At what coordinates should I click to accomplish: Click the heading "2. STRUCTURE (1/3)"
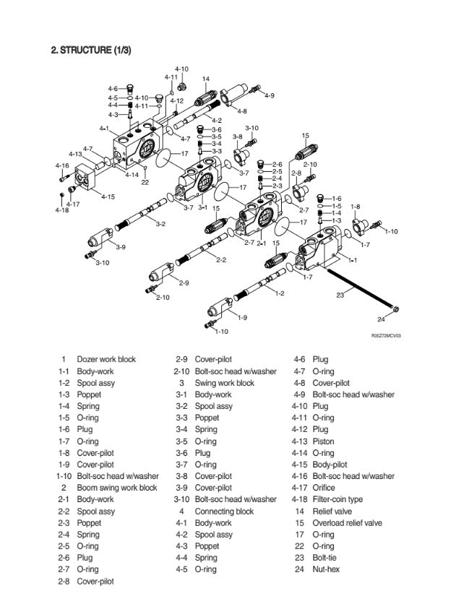90,51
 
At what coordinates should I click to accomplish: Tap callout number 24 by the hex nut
381,320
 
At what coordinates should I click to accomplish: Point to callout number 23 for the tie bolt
340,295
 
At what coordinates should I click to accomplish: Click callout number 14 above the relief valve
206,79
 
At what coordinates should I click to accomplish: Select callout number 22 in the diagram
145,182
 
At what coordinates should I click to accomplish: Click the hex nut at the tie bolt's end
395,309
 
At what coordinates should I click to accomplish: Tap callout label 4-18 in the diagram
62,210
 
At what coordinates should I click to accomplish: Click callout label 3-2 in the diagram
160,224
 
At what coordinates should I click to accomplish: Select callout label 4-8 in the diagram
241,111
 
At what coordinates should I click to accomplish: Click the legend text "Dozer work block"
106,359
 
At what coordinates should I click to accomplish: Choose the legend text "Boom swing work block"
117,488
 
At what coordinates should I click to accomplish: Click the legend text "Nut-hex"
326,569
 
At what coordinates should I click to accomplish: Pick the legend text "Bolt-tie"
325,558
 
